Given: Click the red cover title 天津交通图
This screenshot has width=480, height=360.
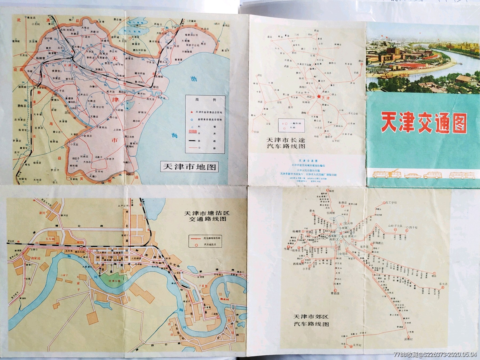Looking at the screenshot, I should pyautogui.click(x=424, y=123).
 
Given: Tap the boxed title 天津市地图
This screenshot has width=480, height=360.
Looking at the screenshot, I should pyautogui.click(x=189, y=167).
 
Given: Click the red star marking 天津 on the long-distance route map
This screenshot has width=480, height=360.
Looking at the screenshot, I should pyautogui.click(x=319, y=97).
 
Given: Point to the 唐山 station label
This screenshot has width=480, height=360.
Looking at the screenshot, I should pyautogui.click(x=361, y=61).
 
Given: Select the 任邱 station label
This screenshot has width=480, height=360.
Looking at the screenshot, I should pyautogui.click(x=256, y=132).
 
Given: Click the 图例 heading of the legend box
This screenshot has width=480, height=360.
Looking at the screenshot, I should pyautogui.click(x=205, y=100).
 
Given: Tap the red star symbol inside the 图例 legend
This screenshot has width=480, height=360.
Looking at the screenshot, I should pyautogui.click(x=191, y=112).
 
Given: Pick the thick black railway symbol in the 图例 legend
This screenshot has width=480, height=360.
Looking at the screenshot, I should pyautogui.click(x=192, y=141).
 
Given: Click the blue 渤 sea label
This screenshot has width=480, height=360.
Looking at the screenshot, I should pyautogui.click(x=194, y=79).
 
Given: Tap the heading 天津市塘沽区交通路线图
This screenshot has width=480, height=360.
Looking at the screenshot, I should pyautogui.click(x=207, y=216).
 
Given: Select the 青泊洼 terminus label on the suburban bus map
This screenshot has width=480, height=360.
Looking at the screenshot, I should pyautogui.click(x=335, y=293).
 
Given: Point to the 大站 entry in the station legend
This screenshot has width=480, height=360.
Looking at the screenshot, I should pyautogui.click(x=293, y=127).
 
